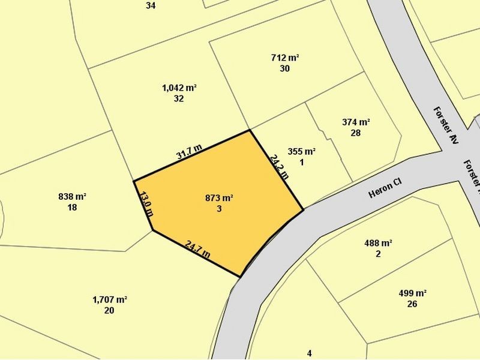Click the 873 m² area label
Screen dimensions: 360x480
219,198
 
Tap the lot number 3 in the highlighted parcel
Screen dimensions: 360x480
219,209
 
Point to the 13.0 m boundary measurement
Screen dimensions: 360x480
146,203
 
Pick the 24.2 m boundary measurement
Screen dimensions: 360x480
279,167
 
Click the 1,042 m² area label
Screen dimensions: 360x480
179,88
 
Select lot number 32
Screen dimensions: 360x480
179,99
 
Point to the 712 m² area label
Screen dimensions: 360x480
285,58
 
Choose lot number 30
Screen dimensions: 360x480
285,68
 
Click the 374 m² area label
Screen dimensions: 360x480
356,122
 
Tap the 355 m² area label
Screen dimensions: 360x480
301,152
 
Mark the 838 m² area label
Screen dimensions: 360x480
73,197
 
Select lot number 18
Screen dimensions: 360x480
73,208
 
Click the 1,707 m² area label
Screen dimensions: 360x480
109,299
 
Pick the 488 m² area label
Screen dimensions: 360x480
378,244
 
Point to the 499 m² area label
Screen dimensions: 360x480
412,293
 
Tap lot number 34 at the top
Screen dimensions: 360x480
151,5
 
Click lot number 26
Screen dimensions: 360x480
412,304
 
